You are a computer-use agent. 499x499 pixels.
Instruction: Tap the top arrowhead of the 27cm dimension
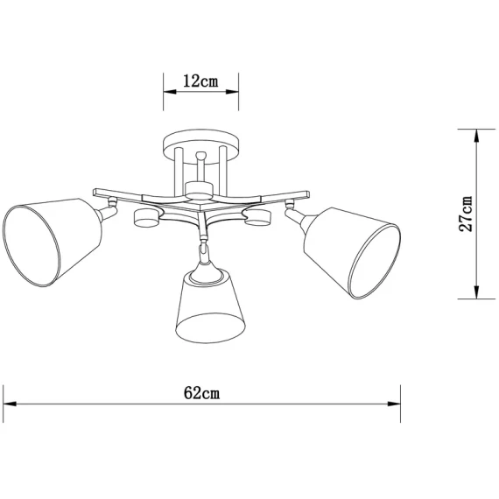point(475,134)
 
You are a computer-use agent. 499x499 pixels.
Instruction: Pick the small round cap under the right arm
point(257,219)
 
